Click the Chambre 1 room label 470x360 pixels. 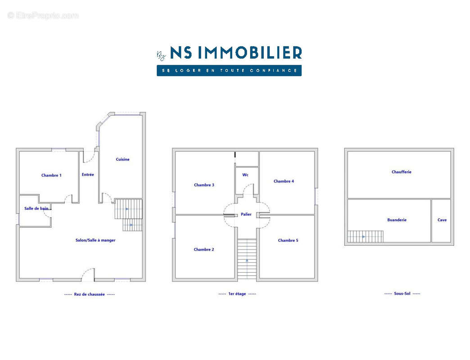tap(51, 175)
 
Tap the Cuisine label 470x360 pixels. tap(122, 159)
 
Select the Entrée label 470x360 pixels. tap(88, 175)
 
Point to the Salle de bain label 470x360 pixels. tap(36, 208)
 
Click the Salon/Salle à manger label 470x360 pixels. tap(95, 240)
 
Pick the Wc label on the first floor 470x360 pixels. tap(245, 175)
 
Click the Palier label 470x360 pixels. tap(246, 214)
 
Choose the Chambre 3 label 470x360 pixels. tap(204, 185)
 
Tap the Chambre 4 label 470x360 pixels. tap(284, 181)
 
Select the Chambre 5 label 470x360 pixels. tap(288, 240)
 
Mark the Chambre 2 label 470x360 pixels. tap(203, 249)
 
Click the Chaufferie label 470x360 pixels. tap(402, 172)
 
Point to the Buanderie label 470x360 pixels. tap(397, 220)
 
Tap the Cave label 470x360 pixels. tap(442, 220)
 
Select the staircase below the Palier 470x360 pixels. tap(247, 259)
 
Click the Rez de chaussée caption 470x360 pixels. tap(89, 294)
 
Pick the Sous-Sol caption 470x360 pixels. tap(402, 293)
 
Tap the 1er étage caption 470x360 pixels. tap(237, 294)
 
